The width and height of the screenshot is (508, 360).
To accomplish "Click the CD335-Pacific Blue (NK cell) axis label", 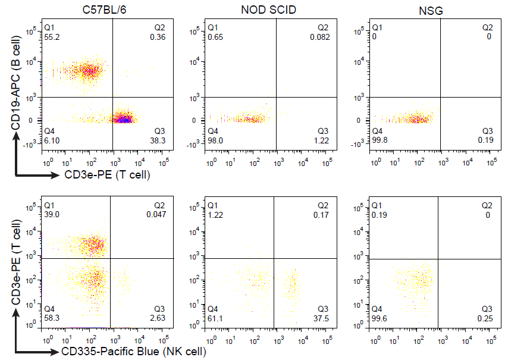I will coord(134,352).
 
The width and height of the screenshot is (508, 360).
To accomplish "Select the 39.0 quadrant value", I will coord(52,214).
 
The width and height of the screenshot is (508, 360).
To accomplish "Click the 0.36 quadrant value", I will coord(158,37).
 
